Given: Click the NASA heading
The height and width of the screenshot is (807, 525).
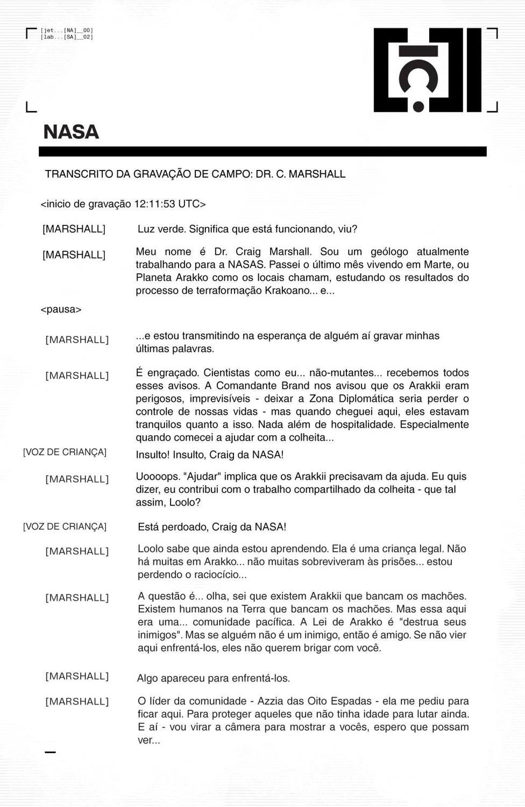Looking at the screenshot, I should pyautogui.click(x=71, y=132).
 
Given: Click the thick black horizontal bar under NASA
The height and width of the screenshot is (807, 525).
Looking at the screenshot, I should pyautogui.click(x=262, y=152).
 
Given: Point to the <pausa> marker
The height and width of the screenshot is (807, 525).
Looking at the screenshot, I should pyautogui.click(x=61, y=309).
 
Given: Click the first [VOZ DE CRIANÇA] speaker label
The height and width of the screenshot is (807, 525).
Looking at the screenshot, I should pyautogui.click(x=65, y=452).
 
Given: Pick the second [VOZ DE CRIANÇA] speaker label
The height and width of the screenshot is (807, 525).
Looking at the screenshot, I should pyautogui.click(x=65, y=526).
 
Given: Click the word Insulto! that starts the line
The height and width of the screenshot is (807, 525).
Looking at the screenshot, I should pyautogui.click(x=153, y=455).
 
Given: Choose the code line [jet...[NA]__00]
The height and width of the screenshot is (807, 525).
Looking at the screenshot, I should pyautogui.click(x=67, y=31).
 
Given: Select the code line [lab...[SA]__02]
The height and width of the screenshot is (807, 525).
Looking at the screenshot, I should pyautogui.click(x=67, y=37).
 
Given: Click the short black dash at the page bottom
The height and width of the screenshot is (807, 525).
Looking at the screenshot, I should pyautogui.click(x=50, y=752).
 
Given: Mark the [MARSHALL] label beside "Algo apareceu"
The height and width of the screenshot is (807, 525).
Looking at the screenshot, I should pyautogui.click(x=77, y=676).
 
